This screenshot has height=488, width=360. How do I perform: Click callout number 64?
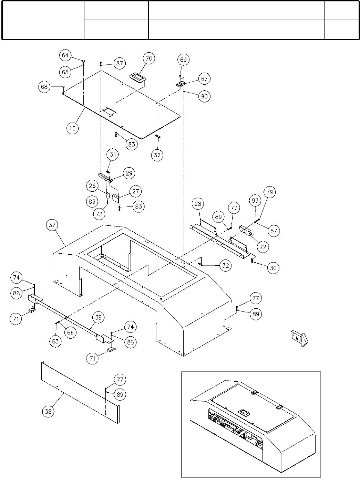[x=65, y=55]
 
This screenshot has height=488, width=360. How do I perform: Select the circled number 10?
[x=72, y=128]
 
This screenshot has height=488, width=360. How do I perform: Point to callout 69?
[x=183, y=60]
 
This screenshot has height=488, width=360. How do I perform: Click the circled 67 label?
[x=204, y=79]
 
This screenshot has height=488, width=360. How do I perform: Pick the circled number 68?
[x=44, y=87]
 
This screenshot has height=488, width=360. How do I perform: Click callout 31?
[x=113, y=155]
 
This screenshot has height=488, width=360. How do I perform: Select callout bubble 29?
[x=129, y=173]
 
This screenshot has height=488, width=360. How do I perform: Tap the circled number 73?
[x=99, y=214]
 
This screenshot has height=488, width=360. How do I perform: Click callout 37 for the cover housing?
[x=52, y=225]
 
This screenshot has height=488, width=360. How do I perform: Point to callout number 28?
[x=198, y=203]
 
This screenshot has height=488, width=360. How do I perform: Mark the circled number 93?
[x=255, y=201]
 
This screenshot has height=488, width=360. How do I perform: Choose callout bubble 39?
[x=99, y=318]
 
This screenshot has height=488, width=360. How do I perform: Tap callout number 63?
[x=55, y=341]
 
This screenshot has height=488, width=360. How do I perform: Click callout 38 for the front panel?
[x=49, y=411]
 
